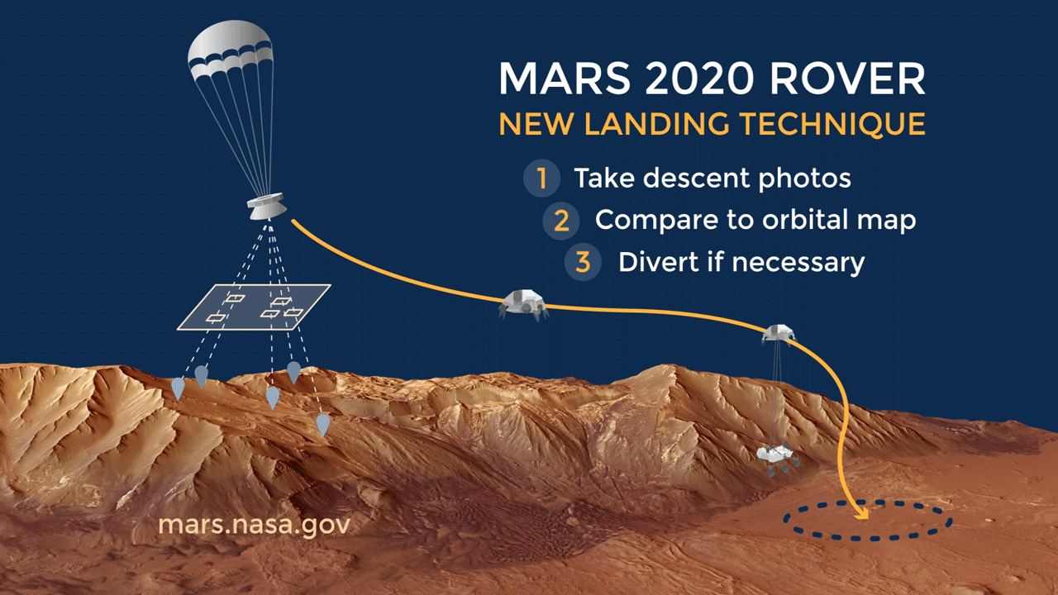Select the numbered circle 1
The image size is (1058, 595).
(x=541, y=178)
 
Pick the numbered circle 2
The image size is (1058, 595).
(x=561, y=221)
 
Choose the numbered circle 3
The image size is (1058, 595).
(x=583, y=263)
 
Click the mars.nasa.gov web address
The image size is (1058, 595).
(x=255, y=526)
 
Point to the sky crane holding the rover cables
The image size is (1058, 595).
(x=778, y=332)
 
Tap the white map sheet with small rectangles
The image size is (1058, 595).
(x=255, y=307)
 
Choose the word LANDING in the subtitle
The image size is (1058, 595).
(x=658, y=125)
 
